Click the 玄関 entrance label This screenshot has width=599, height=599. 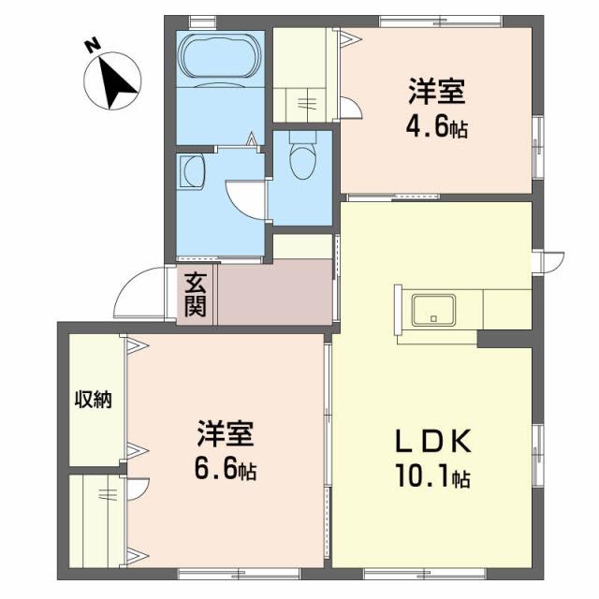click(x=195, y=293)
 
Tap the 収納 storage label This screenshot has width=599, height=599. click(x=94, y=400)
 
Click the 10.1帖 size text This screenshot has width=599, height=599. click(x=432, y=479)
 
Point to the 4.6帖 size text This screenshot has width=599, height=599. click(x=437, y=127)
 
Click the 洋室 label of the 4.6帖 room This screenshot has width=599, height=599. click(x=436, y=94)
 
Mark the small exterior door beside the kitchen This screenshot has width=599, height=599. click(x=550, y=260)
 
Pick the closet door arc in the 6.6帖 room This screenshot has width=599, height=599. click(x=139, y=489)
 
